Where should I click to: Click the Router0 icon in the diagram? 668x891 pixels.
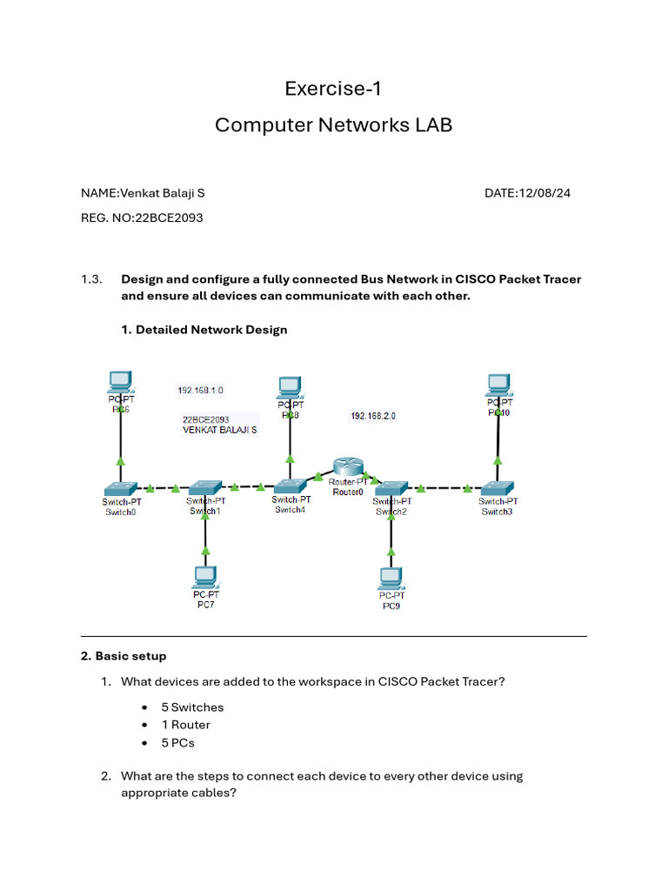(x=351, y=467)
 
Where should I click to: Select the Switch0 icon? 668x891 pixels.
(x=120, y=488)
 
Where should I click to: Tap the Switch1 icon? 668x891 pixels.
(x=205, y=487)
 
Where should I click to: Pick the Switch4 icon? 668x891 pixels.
(x=291, y=486)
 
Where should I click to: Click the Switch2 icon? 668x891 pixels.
(x=391, y=487)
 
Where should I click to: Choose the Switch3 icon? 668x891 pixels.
(x=498, y=488)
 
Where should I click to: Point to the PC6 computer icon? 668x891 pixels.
(x=120, y=382)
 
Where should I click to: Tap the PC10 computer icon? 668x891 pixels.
(x=499, y=383)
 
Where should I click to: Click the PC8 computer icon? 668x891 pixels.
(x=290, y=386)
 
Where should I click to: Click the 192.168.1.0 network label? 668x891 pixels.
(x=200, y=391)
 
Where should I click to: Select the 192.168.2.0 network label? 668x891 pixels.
(x=373, y=416)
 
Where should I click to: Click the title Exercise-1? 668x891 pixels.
(x=333, y=89)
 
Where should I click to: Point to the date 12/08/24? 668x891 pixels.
(x=544, y=193)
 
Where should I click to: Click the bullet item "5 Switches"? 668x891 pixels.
(x=192, y=707)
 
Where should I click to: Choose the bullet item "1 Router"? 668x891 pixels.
(x=185, y=725)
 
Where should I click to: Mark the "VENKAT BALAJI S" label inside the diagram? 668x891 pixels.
(x=220, y=430)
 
